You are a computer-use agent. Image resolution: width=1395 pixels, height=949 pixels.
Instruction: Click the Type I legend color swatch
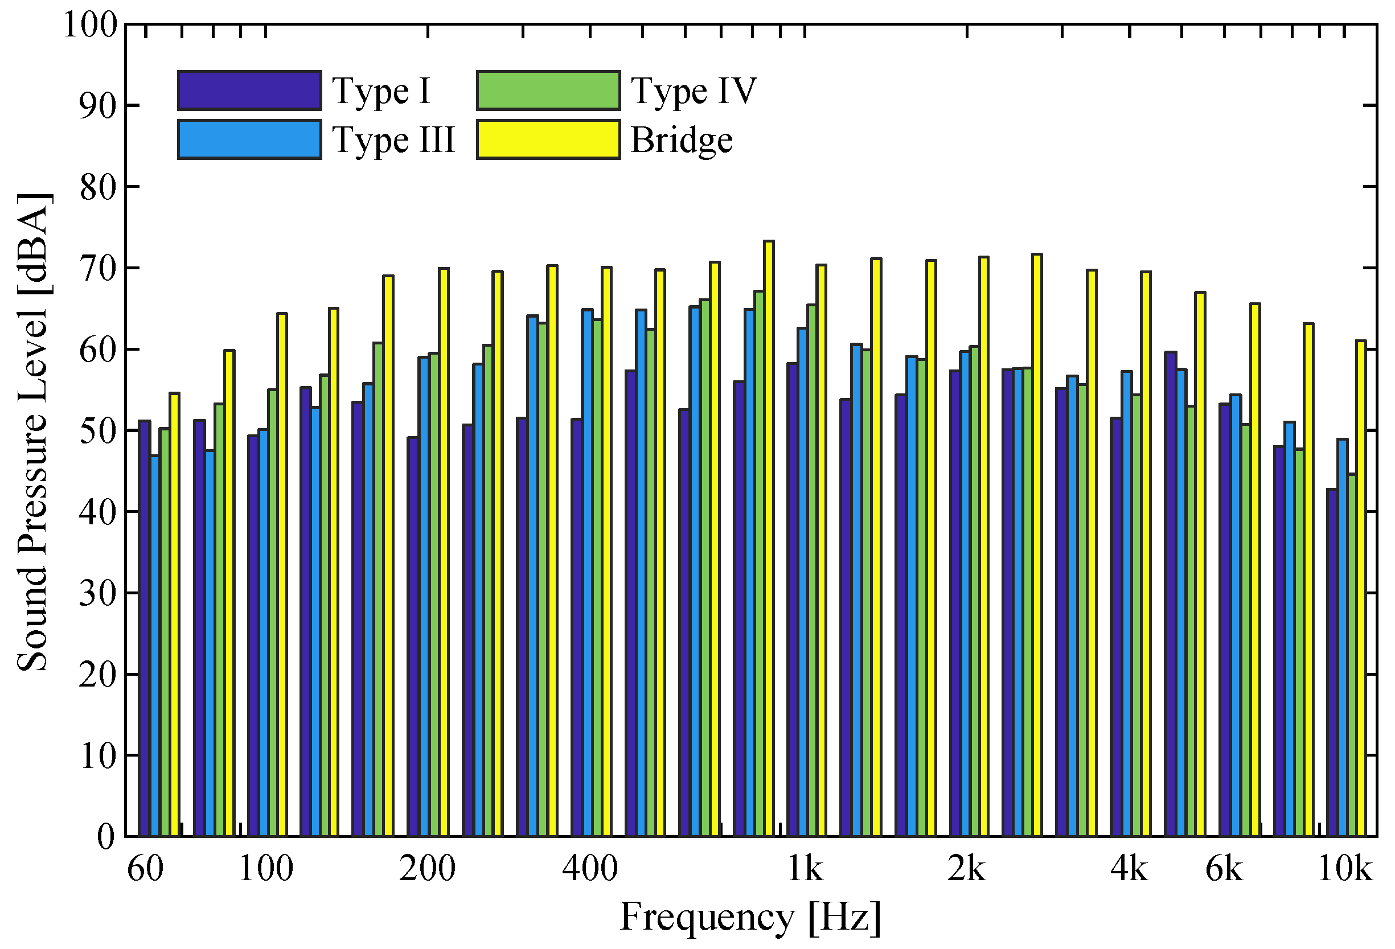click(249, 91)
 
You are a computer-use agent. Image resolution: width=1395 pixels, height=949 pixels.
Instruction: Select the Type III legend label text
click(393, 140)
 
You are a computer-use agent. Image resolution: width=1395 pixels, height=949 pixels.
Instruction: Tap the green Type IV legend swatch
click(548, 91)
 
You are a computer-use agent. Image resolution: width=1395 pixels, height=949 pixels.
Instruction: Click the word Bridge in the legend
click(682, 140)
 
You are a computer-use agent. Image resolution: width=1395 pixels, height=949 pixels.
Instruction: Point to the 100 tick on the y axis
click(91, 25)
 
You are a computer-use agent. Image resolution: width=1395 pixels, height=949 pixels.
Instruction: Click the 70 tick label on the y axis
click(98, 268)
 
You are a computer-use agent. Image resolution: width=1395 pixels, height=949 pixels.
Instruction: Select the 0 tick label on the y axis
click(106, 836)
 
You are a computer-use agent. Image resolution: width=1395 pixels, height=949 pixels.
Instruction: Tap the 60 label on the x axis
click(145, 868)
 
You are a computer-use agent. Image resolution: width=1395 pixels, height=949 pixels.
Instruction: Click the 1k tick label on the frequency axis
click(805, 868)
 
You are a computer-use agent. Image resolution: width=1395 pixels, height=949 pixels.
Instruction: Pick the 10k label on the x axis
click(1344, 868)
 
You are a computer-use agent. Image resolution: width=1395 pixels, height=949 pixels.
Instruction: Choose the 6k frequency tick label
click(1224, 868)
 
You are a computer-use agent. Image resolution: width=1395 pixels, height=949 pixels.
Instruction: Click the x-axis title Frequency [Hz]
click(750, 917)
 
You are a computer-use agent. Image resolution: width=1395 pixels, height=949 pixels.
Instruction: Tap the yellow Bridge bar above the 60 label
click(175, 612)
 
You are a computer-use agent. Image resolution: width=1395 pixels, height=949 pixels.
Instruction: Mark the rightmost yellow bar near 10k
click(1361, 588)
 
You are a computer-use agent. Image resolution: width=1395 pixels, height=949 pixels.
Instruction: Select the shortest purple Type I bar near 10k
click(1331, 660)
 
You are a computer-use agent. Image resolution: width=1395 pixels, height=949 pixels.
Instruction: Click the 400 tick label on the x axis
click(589, 868)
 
